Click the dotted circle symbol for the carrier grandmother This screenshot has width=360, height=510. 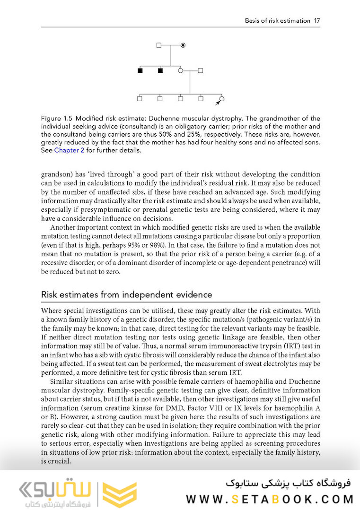click(183, 45)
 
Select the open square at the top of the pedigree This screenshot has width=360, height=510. click(159, 45)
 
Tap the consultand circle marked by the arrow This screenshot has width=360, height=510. click(221, 98)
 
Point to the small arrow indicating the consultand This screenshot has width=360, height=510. click(217, 103)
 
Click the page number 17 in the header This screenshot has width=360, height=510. click(316, 21)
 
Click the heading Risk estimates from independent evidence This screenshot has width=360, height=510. click(126, 294)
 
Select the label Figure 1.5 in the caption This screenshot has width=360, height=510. click(57, 118)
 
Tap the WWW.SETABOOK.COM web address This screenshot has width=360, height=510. click(270, 499)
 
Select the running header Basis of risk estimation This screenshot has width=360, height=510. click(277, 21)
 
